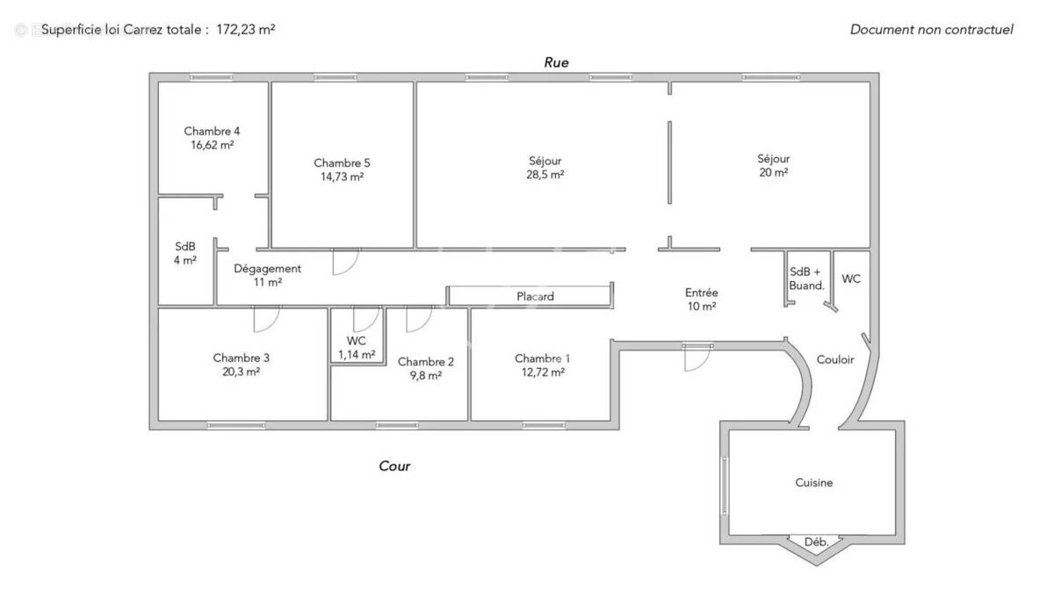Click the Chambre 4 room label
click(x=212, y=132)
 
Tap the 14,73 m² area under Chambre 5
click(x=342, y=177)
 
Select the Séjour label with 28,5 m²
click(x=545, y=161)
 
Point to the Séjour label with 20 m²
click(x=774, y=159)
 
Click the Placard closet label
click(x=535, y=297)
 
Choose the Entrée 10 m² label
click(x=702, y=293)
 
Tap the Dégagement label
click(x=268, y=269)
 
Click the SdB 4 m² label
click(x=185, y=247)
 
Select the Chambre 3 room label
click(x=241, y=358)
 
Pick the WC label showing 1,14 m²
click(x=357, y=341)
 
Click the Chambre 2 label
click(x=426, y=361)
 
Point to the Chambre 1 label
click(x=542, y=358)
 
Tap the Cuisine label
click(x=814, y=482)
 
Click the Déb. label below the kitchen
click(x=817, y=543)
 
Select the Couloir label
click(x=835, y=359)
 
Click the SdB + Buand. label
click(x=806, y=278)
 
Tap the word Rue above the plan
click(x=556, y=62)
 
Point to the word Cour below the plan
click(x=394, y=466)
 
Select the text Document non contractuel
click(x=931, y=29)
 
